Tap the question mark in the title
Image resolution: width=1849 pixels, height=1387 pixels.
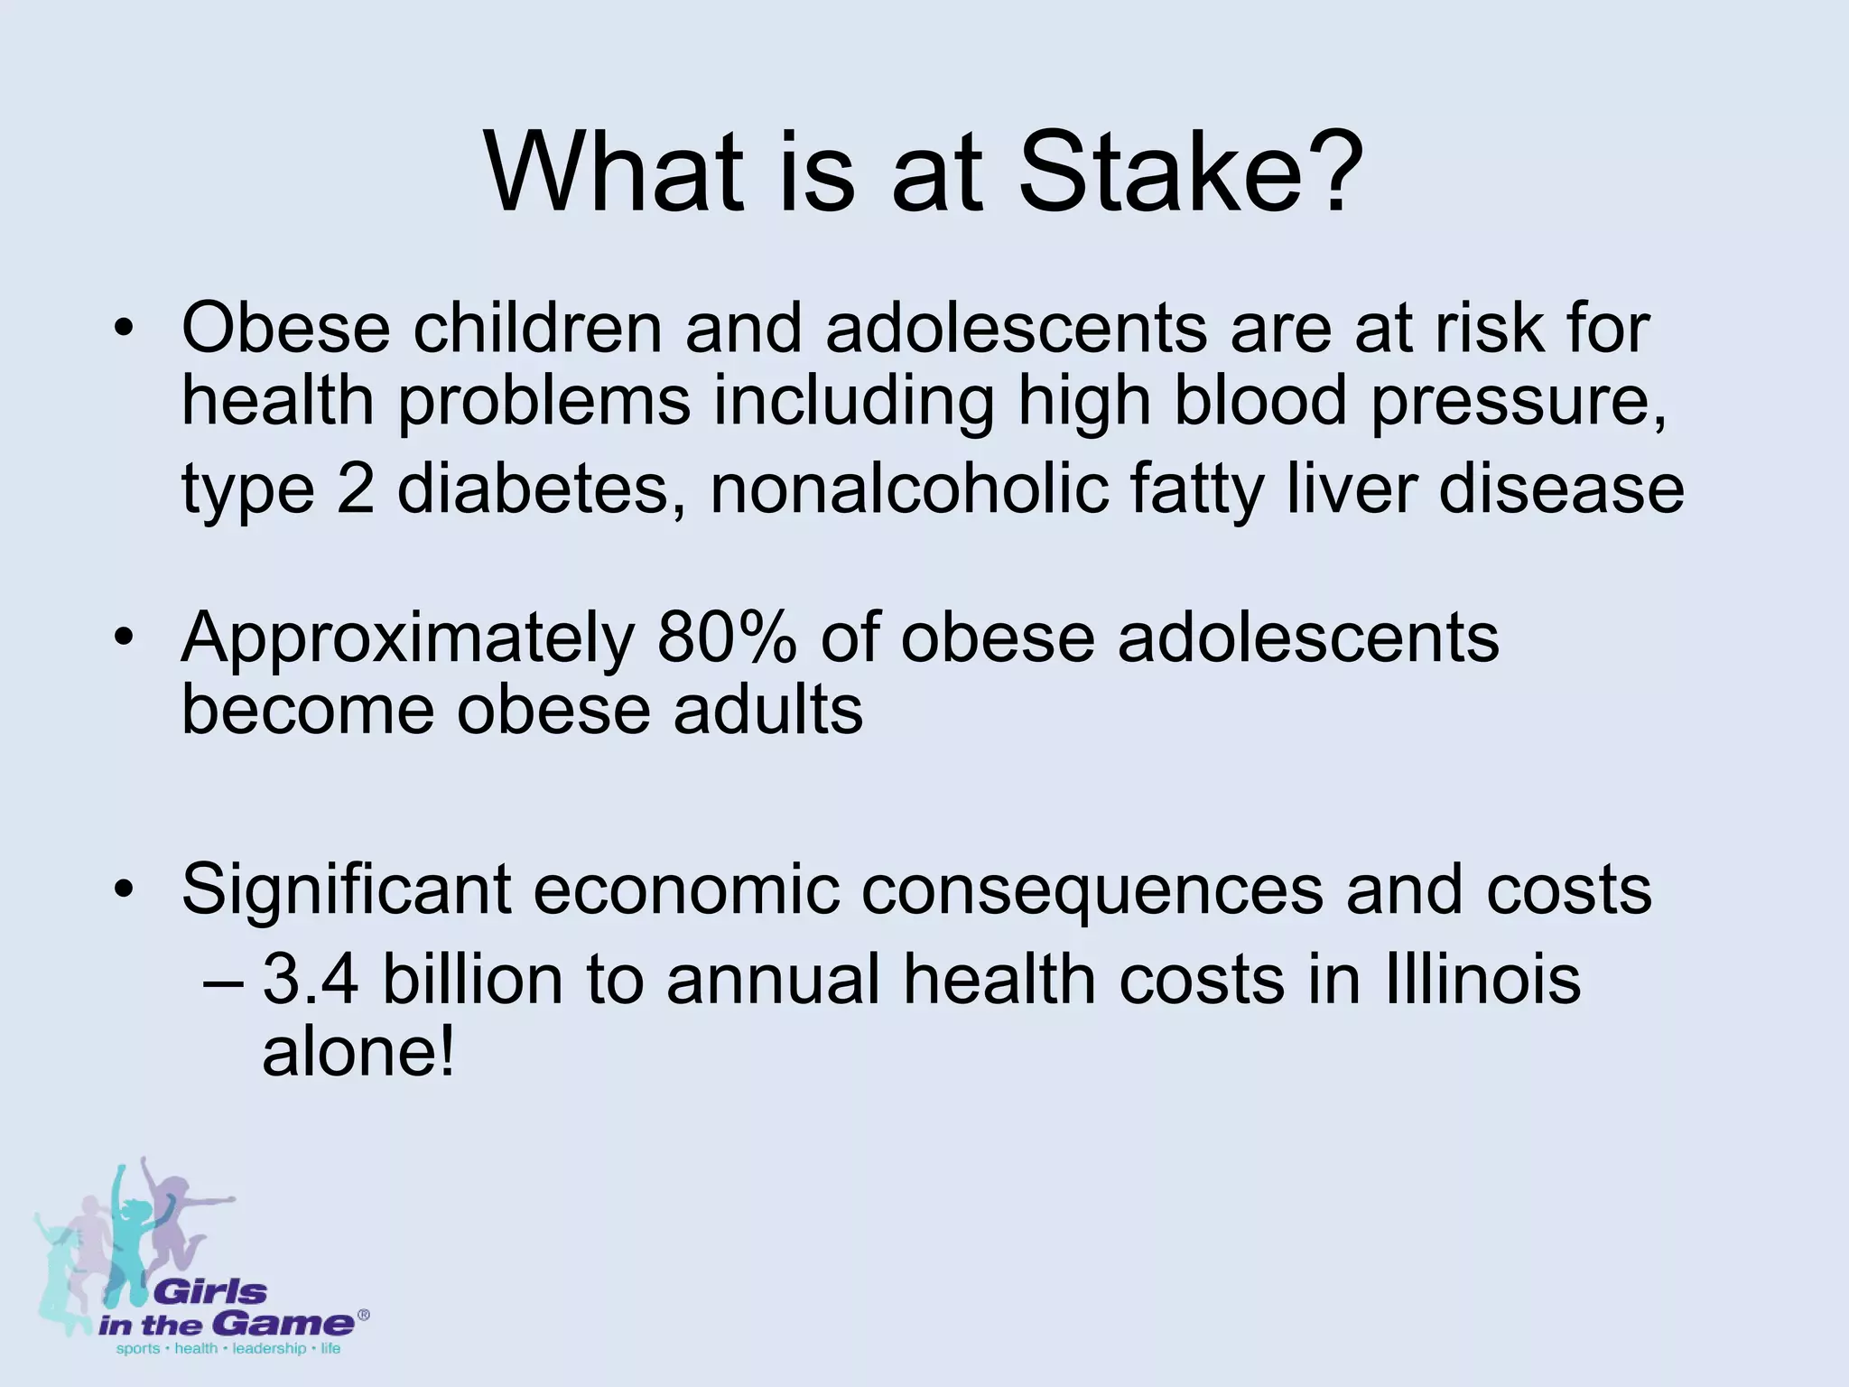tap(1328, 172)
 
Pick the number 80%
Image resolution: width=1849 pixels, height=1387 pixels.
tap(728, 638)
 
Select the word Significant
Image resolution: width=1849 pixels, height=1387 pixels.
tap(346, 890)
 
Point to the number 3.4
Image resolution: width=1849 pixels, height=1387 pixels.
tap(311, 980)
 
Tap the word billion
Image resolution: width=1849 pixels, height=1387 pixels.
tap(473, 980)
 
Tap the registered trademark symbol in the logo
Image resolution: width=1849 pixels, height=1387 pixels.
tap(363, 1316)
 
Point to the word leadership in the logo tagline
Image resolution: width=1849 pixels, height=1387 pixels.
tap(269, 1349)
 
